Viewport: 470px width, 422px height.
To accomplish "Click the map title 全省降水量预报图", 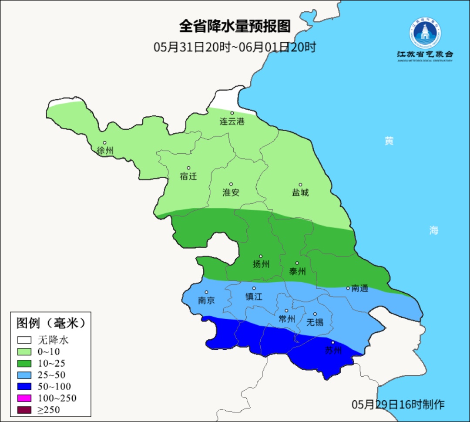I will (x=235, y=26).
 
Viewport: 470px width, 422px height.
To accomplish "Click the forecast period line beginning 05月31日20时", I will (x=235, y=47).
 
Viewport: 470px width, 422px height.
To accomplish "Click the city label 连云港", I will (x=232, y=122).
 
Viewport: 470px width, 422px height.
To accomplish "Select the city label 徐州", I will (x=105, y=151).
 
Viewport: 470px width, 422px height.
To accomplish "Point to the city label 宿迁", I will (x=188, y=176).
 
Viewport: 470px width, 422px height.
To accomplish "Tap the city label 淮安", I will (x=231, y=192).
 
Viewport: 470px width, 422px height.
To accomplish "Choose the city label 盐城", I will (x=300, y=192).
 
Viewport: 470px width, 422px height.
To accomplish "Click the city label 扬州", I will (x=261, y=264).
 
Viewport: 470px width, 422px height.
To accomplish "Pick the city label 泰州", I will (x=297, y=271).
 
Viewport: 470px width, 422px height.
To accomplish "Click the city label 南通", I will (x=359, y=288).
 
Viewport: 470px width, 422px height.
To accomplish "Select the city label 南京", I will (x=206, y=300).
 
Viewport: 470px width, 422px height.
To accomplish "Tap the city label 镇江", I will (x=254, y=296).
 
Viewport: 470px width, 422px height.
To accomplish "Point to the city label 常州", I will (x=287, y=319).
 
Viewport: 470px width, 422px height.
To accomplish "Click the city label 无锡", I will (x=315, y=322).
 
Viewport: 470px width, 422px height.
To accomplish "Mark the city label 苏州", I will (x=333, y=351).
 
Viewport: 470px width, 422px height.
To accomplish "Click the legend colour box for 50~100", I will (x=24, y=386).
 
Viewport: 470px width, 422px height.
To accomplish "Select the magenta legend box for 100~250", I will (x=24, y=398).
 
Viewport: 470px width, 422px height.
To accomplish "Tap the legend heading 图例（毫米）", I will (x=50, y=323).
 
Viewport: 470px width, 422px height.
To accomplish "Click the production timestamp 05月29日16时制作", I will (x=398, y=404).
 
